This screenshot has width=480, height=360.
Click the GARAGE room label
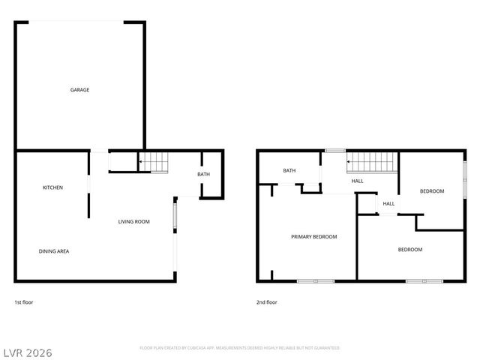click(80, 90)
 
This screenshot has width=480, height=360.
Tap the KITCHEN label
click(52, 187)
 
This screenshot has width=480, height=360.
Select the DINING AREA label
click(54, 251)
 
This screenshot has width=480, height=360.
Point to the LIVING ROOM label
click(134, 221)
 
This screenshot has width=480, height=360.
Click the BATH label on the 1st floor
click(204, 175)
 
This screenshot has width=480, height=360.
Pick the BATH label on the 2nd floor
click(289, 171)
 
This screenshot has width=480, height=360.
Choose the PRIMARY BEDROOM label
click(314, 237)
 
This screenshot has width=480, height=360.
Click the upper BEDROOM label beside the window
click(432, 191)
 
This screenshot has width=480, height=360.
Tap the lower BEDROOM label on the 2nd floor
click(409, 250)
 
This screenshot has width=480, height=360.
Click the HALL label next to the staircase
click(358, 181)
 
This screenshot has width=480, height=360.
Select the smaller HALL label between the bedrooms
click(388, 204)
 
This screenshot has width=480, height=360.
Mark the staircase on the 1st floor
click(154, 160)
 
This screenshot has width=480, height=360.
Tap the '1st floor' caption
click(24, 302)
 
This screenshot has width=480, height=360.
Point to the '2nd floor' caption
click(267, 302)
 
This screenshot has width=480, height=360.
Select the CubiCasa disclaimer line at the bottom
click(240, 348)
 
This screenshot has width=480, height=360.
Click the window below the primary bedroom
click(315, 281)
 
